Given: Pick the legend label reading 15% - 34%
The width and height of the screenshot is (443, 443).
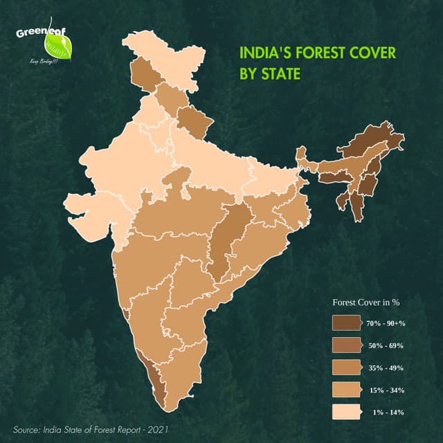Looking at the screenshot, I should click(x=387, y=390).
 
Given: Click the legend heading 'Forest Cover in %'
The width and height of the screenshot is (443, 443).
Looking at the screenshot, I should click(x=367, y=302).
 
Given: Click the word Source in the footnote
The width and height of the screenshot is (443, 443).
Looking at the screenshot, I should click(x=28, y=430).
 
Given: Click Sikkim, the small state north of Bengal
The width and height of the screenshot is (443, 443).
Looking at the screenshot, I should click(x=302, y=153).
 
